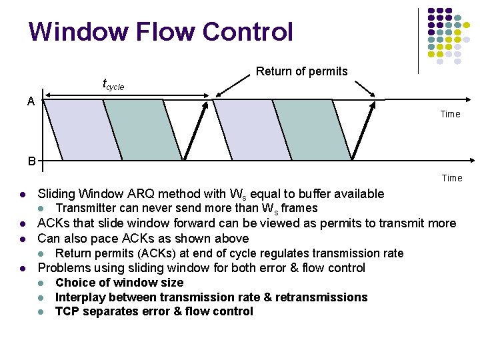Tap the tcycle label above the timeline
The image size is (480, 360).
[x=113, y=85]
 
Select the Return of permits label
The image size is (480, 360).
[x=301, y=71]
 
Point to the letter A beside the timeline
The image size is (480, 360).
[x=31, y=101]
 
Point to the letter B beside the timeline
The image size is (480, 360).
[x=31, y=161]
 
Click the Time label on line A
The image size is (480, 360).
[x=450, y=114]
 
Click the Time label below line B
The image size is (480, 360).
[x=451, y=178]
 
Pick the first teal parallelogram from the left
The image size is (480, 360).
[x=143, y=130]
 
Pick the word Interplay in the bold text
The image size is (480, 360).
[x=82, y=297]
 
